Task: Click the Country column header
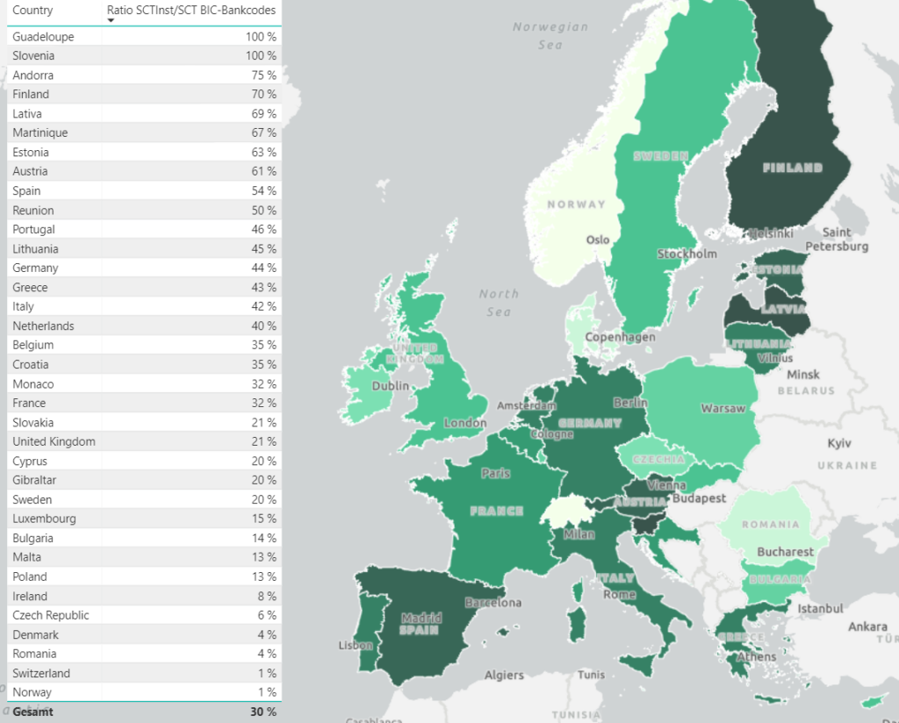point(32,11)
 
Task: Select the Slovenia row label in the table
point(33,56)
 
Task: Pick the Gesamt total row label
point(32,712)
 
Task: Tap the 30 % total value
point(263,712)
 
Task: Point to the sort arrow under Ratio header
point(111,21)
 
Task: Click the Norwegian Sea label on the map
point(550,35)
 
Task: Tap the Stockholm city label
point(687,254)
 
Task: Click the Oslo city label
point(598,240)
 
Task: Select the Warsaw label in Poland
point(723,409)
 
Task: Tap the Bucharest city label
point(787,553)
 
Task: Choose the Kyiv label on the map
point(839,445)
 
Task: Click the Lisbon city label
point(355,646)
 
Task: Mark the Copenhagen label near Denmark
point(620,338)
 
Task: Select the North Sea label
point(498,303)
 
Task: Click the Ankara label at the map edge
point(867,627)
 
